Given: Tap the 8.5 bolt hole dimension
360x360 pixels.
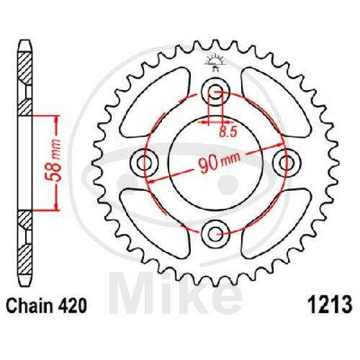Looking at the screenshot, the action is tap(228, 132).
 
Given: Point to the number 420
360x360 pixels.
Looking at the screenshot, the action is tap(71, 305).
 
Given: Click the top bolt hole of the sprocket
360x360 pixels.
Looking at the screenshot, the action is tap(215, 91).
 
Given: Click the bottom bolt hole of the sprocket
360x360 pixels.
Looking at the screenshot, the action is tap(215, 233).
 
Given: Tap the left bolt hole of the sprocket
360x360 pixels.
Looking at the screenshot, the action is tap(144, 163).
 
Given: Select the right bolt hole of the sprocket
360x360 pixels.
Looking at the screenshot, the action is tap(287, 163).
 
